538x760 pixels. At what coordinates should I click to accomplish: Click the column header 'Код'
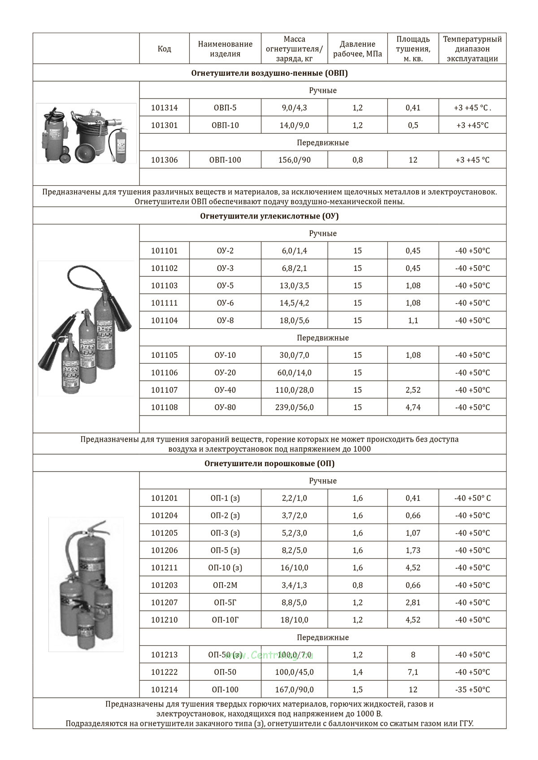coord(164,49)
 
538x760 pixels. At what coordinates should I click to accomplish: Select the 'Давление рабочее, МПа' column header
coord(357,49)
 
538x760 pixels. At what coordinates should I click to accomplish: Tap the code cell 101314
coord(164,108)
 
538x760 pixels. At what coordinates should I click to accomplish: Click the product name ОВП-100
coord(225,160)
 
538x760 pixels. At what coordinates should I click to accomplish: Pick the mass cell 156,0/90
coord(294,160)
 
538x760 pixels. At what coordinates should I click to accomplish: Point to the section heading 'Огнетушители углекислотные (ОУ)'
coord(269,216)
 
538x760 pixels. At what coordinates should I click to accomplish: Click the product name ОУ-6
coord(225,303)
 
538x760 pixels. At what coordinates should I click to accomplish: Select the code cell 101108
coord(164,408)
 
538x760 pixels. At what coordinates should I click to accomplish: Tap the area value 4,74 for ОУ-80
coord(413,408)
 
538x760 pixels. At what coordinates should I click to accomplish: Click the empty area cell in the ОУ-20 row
coord(413,373)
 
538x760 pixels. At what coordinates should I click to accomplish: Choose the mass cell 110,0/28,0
coord(294,390)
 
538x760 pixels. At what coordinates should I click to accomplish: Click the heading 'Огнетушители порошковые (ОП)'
coord(269,464)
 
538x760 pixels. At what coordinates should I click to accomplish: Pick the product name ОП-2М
coord(225,585)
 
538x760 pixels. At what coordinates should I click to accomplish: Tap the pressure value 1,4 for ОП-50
coord(357,672)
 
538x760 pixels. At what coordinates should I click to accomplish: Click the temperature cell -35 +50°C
coord(472,690)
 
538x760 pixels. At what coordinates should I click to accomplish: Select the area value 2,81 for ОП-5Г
coord(413,603)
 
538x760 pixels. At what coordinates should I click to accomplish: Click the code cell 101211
coord(164,568)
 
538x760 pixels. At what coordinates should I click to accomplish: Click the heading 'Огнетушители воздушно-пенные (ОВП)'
coord(269,73)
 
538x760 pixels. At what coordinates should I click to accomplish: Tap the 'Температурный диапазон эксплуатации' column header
coord(472,49)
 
